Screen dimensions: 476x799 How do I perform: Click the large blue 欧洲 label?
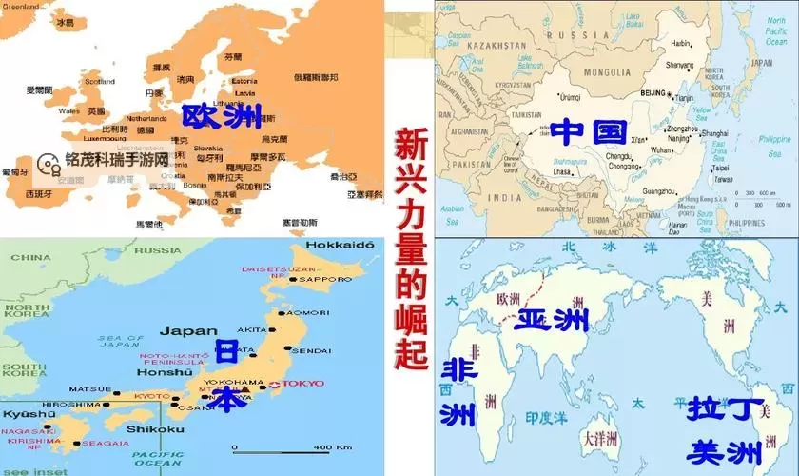click(x=222, y=116)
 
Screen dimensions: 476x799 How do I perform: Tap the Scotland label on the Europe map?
click(x=100, y=81)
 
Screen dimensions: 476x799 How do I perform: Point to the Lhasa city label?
click(x=562, y=171)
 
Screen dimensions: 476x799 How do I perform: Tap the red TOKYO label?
click(x=303, y=384)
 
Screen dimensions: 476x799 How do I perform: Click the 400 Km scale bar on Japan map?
click(x=285, y=447)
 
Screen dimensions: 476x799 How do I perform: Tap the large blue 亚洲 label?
click(x=551, y=319)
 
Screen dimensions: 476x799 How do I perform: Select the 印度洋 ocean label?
click(x=546, y=416)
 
